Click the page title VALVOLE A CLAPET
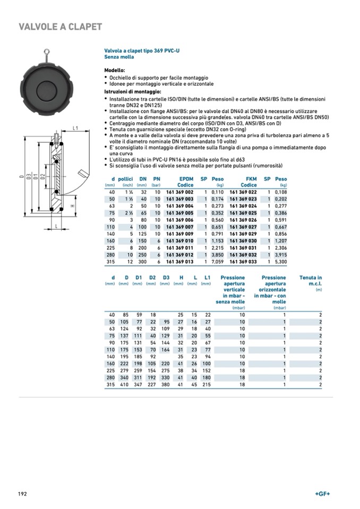[60, 27]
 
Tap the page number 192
[23, 494]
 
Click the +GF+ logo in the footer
[322, 494]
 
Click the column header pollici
[125, 179]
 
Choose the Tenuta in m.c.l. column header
[311, 281]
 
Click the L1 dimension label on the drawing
[75, 128]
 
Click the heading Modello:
[115, 70]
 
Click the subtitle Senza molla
[118, 56]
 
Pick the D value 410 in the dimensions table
[125, 384]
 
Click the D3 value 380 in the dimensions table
[166, 384]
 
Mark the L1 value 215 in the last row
[206, 384]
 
